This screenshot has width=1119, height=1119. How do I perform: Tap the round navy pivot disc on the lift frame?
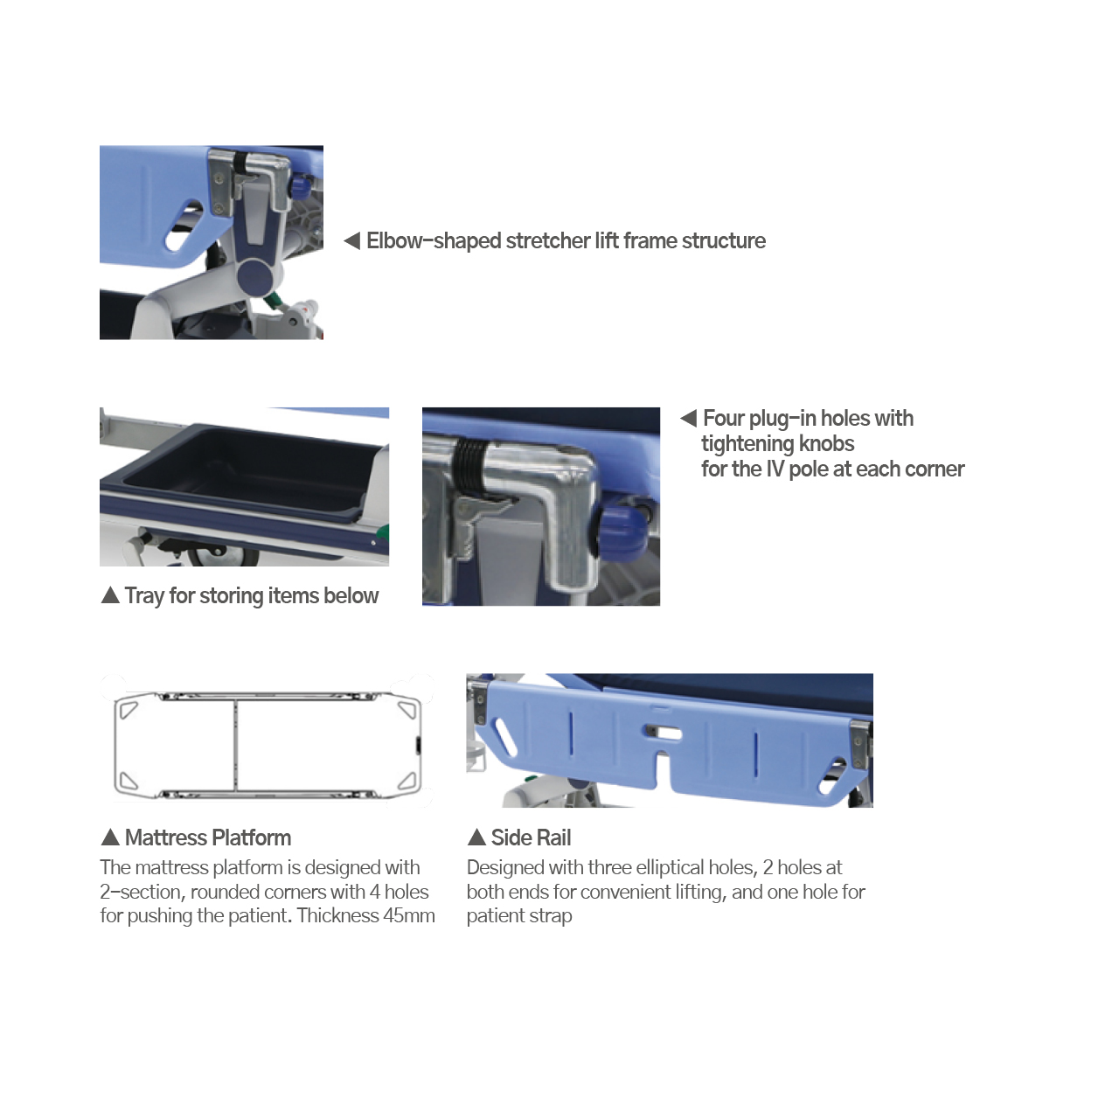tap(260, 276)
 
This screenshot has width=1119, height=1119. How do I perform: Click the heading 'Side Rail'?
tap(531, 838)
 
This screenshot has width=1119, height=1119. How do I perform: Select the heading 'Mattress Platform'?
tap(208, 838)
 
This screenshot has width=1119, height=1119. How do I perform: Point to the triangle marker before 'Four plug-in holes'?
tap(689, 418)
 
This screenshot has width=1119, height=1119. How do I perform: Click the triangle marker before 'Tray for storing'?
tap(110, 595)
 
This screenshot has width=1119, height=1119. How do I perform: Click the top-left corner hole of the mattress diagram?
tap(129, 708)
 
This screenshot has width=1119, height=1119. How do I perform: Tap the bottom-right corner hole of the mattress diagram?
tap(407, 781)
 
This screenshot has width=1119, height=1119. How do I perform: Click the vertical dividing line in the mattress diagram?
tap(236, 744)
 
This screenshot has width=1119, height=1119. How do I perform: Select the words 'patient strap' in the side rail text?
tap(519, 916)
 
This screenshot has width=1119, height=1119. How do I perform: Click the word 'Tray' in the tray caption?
tap(144, 595)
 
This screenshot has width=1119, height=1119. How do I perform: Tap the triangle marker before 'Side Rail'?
tap(476, 838)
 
